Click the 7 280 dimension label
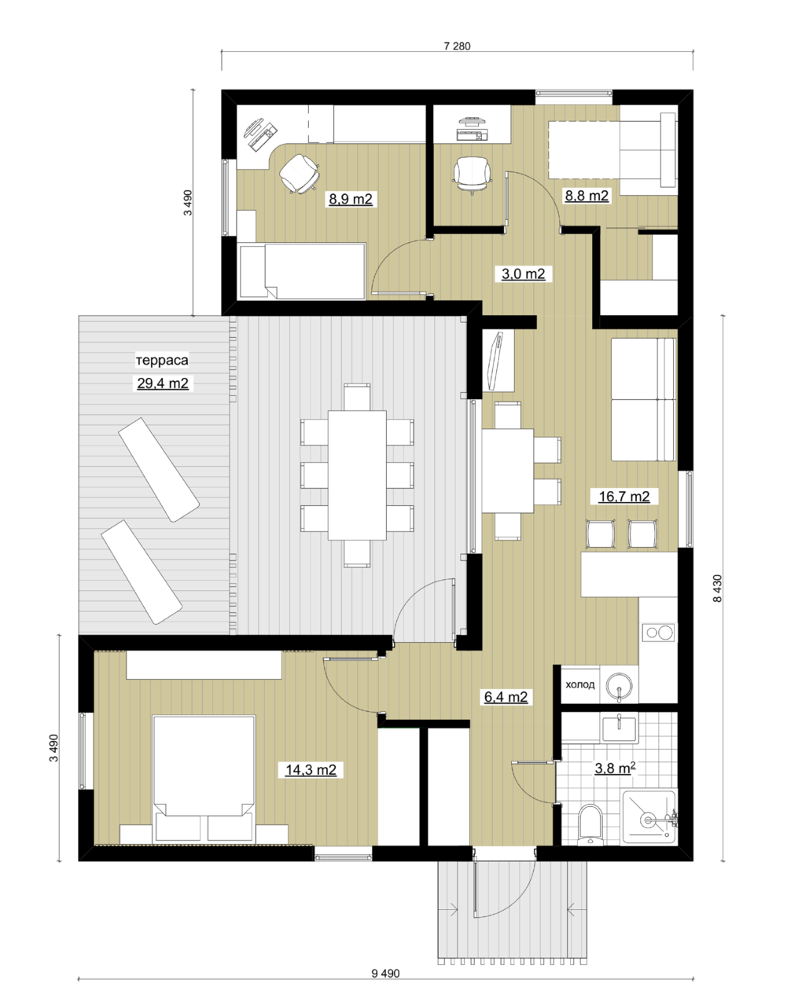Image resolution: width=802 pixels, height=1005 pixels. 457,46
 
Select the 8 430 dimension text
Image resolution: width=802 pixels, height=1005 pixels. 717,588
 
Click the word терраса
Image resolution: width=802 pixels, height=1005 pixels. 162,360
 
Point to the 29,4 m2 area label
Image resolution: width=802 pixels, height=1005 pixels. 163,383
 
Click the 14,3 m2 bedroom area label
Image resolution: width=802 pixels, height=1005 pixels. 311,769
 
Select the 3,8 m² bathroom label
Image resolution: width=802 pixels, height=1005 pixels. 615,768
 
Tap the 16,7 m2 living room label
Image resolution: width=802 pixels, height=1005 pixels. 624,496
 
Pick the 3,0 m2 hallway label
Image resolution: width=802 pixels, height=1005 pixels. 523,273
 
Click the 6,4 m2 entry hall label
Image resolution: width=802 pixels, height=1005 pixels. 506,697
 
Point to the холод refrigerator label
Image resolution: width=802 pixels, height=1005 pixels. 580,684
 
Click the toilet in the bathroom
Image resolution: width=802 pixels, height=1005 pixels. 590,824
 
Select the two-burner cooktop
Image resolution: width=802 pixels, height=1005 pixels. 658,633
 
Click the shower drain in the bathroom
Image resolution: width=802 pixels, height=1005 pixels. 648,820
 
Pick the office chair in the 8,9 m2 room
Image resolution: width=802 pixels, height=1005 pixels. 300,173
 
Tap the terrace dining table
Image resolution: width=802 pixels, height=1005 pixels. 357,475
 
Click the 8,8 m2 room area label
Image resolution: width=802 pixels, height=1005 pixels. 587,196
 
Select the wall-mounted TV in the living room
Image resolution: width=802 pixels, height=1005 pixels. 495,360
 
